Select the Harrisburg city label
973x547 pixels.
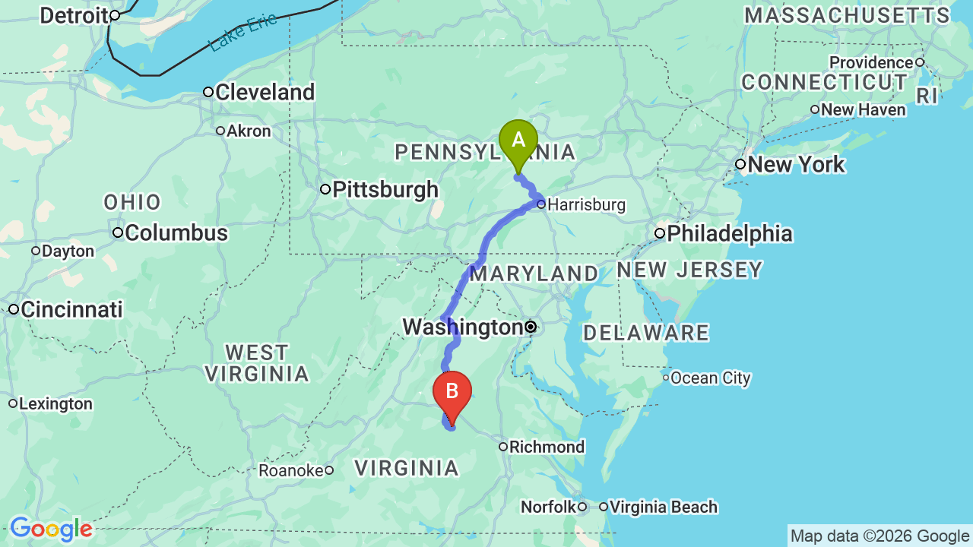click(x=586, y=204)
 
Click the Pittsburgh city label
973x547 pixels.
click(x=385, y=189)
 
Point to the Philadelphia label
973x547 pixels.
click(x=729, y=233)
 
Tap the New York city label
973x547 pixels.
click(x=796, y=165)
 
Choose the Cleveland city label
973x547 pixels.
click(x=265, y=93)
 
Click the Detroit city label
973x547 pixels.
click(x=73, y=15)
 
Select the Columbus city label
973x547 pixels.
click(x=176, y=232)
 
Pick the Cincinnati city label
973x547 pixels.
click(x=71, y=310)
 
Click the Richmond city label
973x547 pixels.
click(x=547, y=447)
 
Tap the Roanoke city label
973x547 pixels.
click(x=291, y=471)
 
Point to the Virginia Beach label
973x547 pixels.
click(x=663, y=507)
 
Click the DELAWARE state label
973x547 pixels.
click(x=646, y=333)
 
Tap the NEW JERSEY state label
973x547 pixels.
click(x=689, y=270)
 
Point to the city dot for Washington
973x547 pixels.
click(x=531, y=327)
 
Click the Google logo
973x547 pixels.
click(x=51, y=529)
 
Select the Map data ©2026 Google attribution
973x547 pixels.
click(x=880, y=536)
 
